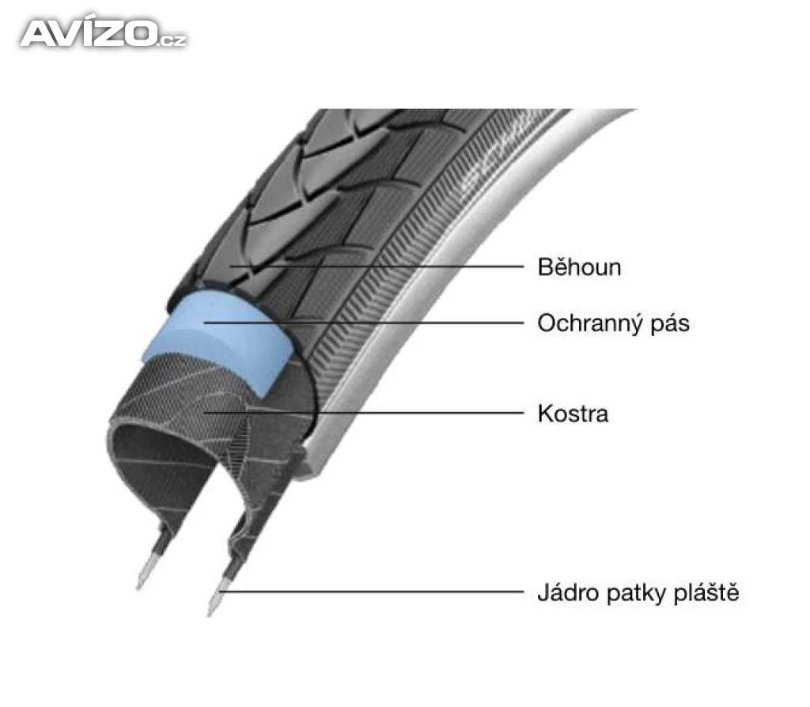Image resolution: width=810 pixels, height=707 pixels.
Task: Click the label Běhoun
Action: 579,267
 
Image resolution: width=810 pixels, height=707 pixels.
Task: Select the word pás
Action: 670,325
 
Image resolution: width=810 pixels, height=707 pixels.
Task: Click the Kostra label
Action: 573,414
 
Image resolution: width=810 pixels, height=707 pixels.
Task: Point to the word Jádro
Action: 567,592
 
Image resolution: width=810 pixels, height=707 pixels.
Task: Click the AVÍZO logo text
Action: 104,33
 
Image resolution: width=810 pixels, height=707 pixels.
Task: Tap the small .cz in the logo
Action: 172,40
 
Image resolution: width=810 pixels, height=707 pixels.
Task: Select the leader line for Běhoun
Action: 377,267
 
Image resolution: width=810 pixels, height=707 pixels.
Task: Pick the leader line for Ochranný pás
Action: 364,323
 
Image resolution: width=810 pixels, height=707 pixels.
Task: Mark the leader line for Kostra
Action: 364,413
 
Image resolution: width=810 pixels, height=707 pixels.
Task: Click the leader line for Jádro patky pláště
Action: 372,592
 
